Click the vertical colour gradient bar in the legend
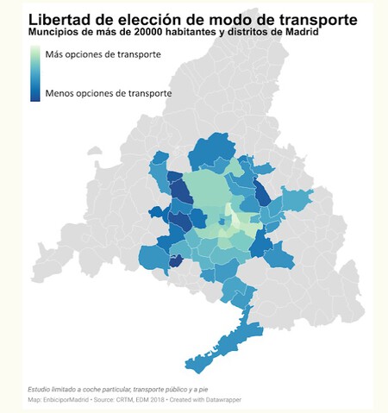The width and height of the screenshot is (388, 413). coord(34,73)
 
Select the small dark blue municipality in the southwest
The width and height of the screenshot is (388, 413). coord(175,261)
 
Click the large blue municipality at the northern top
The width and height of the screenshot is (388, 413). coord(209,149)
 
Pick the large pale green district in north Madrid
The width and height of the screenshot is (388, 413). coord(204,190)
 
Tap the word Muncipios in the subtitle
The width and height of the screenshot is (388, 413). coord(52,32)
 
